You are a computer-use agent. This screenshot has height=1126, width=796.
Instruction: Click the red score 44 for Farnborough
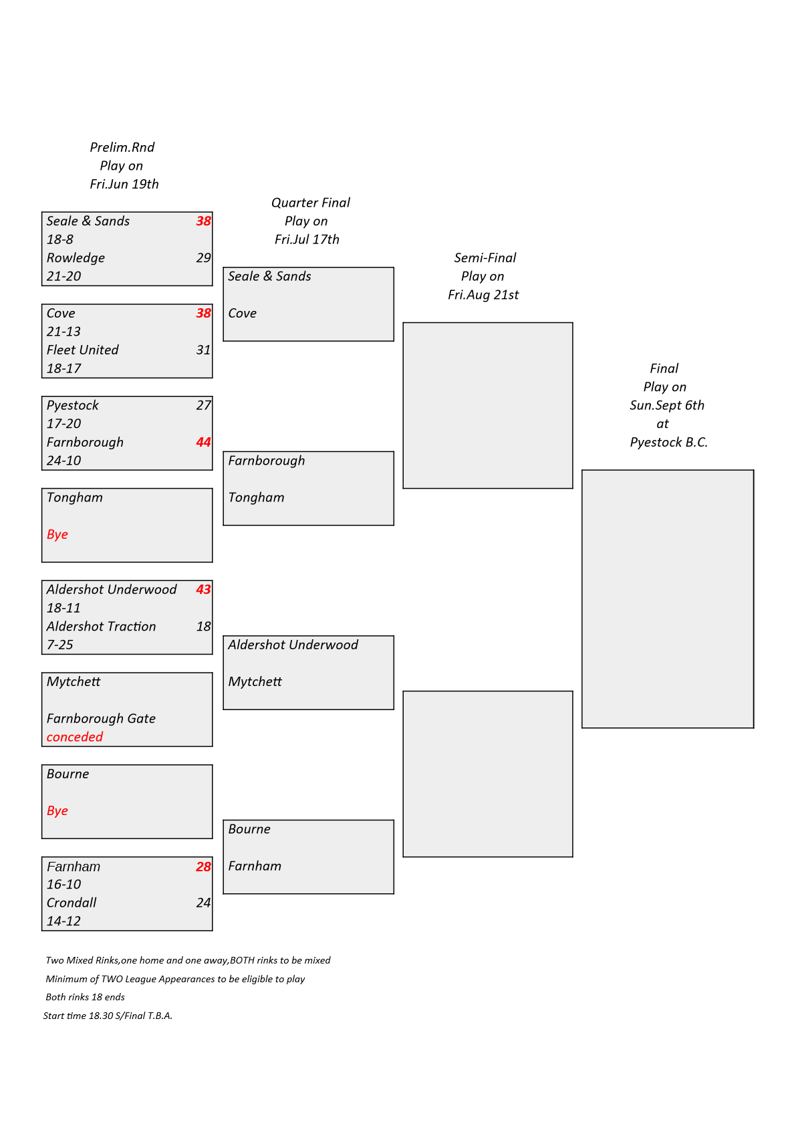click(203, 443)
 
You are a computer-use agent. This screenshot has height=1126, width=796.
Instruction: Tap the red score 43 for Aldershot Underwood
click(203, 590)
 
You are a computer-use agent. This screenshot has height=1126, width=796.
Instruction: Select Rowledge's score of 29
click(203, 258)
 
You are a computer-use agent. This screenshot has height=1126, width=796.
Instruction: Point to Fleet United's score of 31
click(203, 350)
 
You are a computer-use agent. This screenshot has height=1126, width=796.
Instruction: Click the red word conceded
click(74, 737)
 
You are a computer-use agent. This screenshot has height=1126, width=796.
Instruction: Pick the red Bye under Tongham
click(57, 534)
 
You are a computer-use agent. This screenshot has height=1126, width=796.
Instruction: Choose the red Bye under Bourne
click(57, 811)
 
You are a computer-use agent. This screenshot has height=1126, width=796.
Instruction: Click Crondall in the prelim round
click(71, 903)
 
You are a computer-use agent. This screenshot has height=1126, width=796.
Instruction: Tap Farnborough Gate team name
click(101, 719)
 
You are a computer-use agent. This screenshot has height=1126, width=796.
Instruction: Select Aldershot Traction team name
click(101, 627)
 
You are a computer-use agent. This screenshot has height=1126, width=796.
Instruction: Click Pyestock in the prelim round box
click(72, 406)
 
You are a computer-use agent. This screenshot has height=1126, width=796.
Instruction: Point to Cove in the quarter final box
click(242, 313)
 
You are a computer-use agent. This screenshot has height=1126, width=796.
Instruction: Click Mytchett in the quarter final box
click(255, 681)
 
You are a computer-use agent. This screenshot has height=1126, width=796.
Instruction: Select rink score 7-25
click(59, 645)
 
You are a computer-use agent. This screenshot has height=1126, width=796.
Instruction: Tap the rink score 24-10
click(63, 461)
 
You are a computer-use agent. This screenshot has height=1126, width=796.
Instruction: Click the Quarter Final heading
click(311, 203)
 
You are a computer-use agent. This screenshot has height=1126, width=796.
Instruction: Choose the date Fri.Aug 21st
click(483, 295)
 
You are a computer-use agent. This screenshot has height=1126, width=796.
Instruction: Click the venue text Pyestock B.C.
click(668, 443)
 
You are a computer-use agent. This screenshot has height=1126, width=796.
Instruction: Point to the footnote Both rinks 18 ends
click(85, 997)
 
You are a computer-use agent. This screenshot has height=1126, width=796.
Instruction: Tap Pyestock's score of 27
click(203, 405)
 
